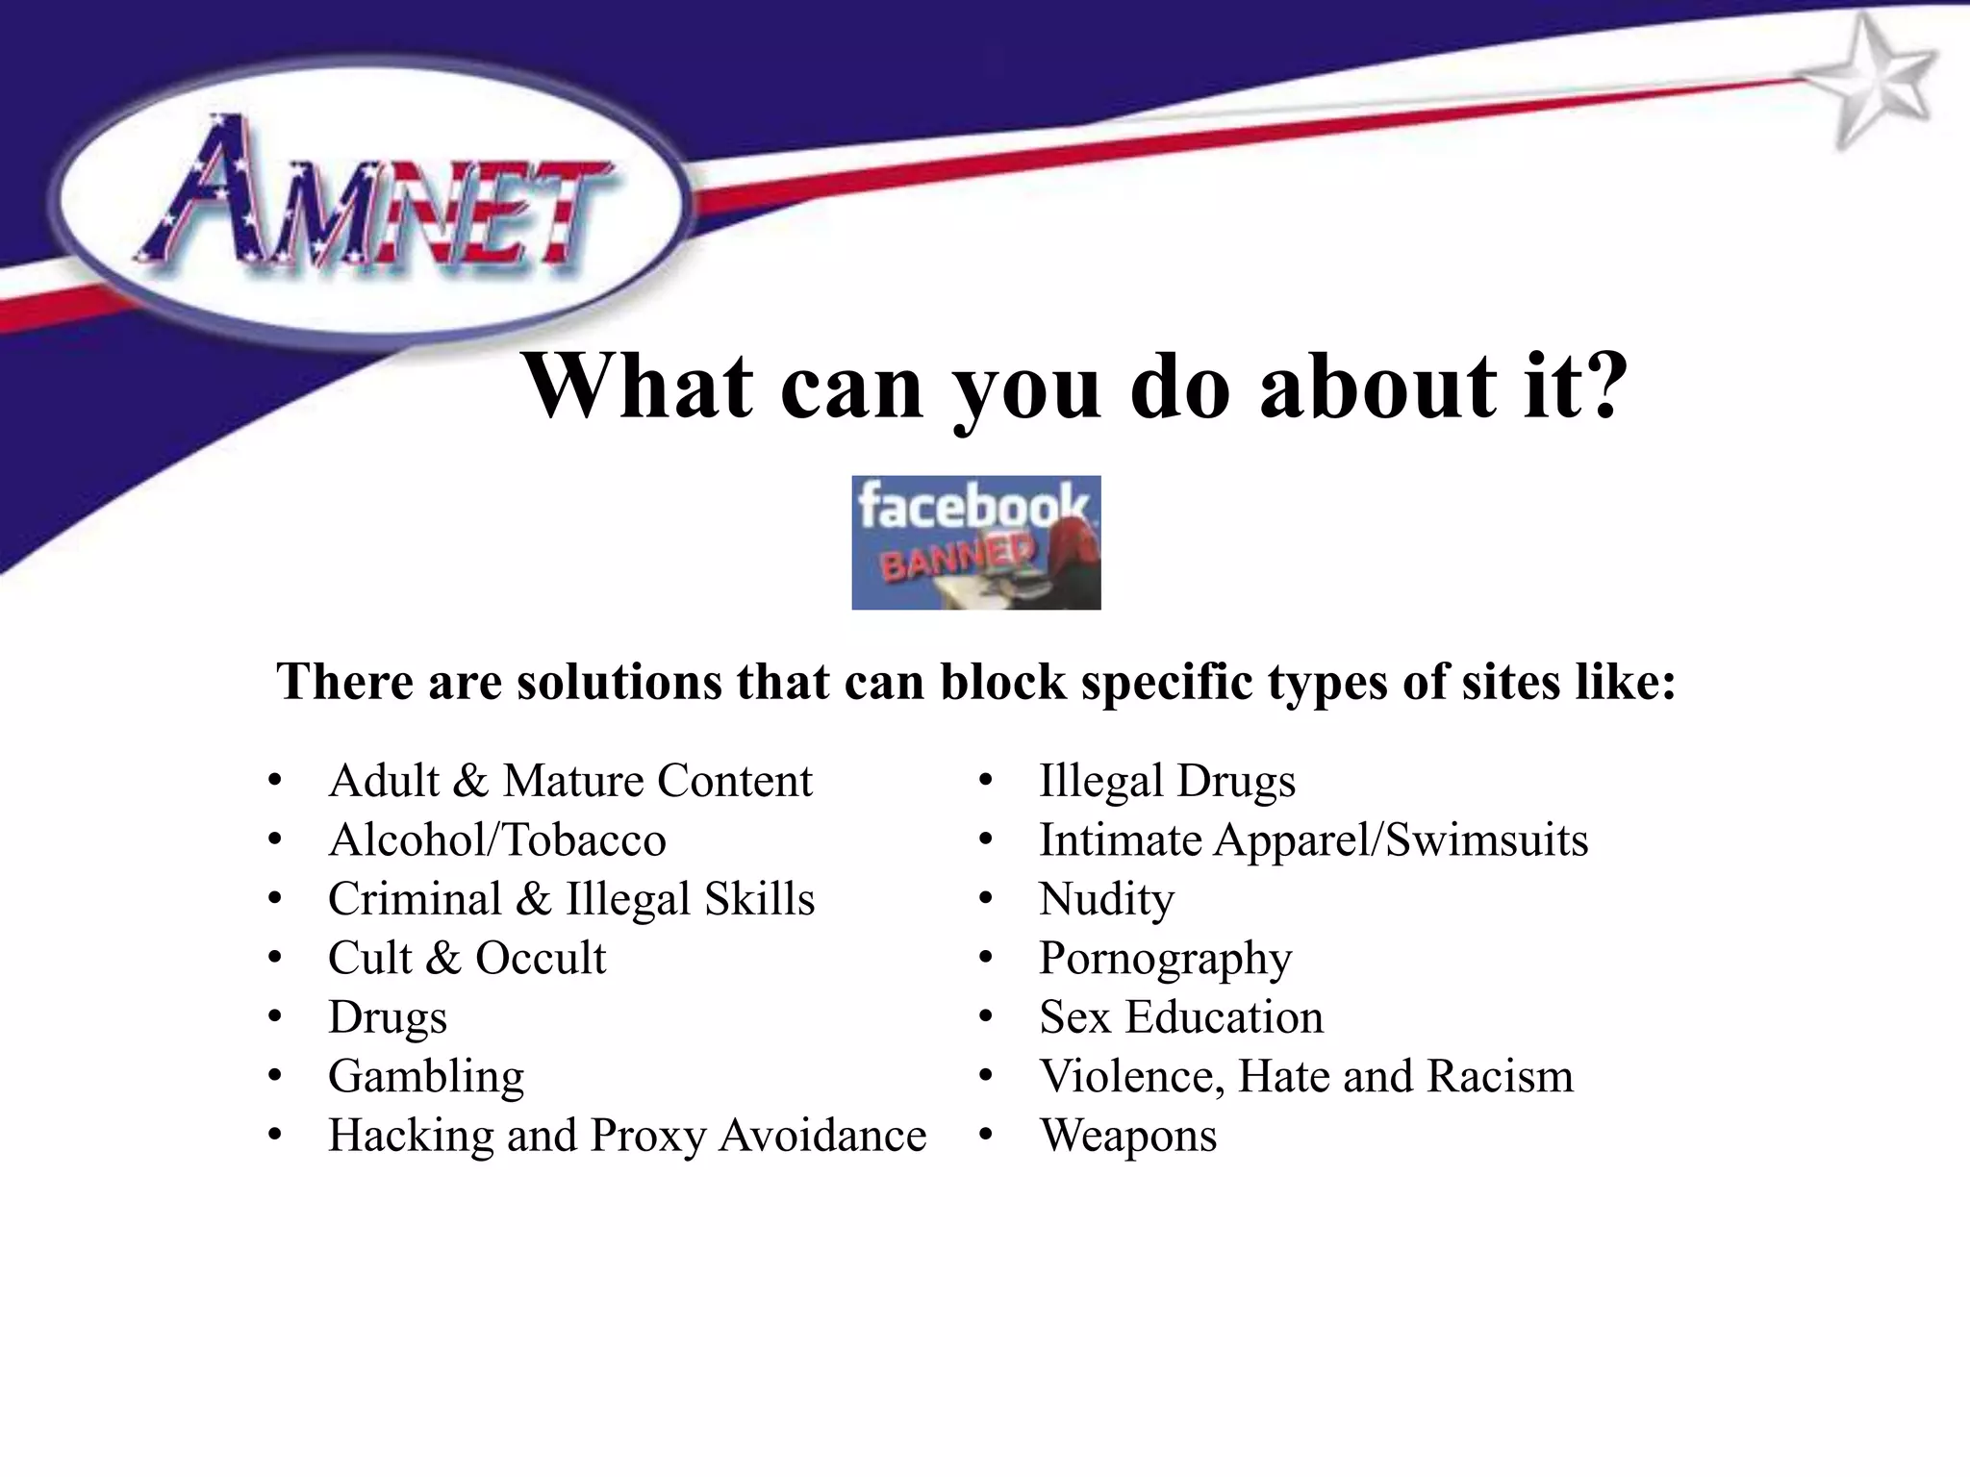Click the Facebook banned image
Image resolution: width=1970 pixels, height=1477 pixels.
tap(975, 542)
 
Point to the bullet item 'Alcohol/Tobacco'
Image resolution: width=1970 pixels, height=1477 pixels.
tap(496, 840)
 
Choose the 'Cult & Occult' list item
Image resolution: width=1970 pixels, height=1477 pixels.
tap(467, 959)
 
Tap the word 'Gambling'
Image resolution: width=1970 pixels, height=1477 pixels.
tap(426, 1077)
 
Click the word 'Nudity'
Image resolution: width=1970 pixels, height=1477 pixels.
tap(1106, 900)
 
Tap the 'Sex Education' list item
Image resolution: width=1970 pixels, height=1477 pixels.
tap(1181, 1017)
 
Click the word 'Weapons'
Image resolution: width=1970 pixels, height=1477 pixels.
tap(1127, 1137)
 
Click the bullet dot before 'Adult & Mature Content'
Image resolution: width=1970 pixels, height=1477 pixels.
tap(276, 781)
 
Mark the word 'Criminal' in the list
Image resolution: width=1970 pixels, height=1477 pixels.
tap(415, 900)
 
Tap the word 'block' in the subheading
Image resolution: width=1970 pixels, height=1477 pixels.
tap(1003, 682)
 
